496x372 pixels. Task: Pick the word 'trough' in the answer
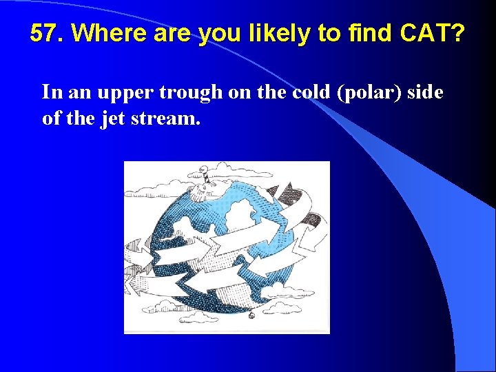(x=189, y=92)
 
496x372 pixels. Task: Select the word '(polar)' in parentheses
(x=368, y=92)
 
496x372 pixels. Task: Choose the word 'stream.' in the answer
(x=165, y=119)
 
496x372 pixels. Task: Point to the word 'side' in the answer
(x=425, y=92)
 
